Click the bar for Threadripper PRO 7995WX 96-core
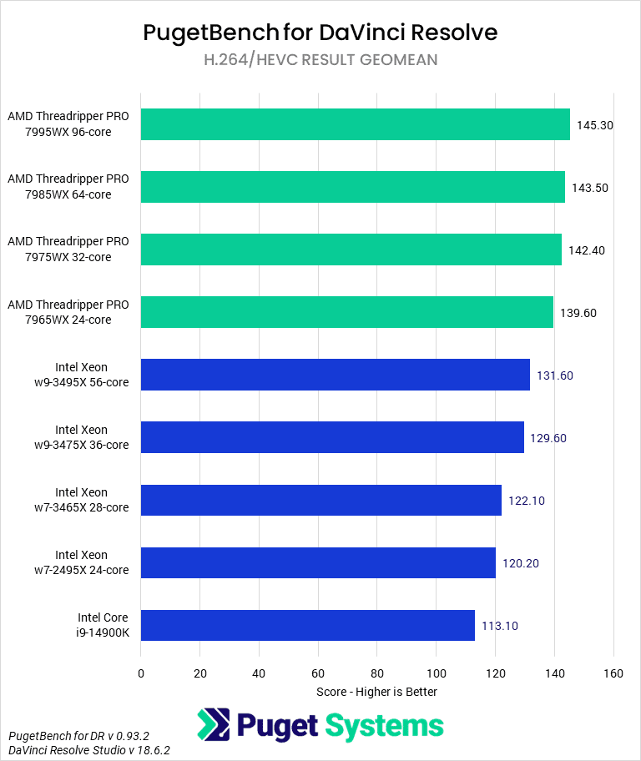click(x=355, y=124)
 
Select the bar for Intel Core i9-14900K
click(x=307, y=625)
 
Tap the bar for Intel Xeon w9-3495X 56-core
click(x=335, y=375)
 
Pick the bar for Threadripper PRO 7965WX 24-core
click(x=346, y=312)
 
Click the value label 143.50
click(x=589, y=188)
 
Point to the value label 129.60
click(x=548, y=438)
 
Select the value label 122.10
click(x=526, y=501)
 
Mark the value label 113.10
click(x=499, y=626)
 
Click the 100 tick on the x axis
click(x=436, y=673)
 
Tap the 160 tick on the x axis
click(x=613, y=673)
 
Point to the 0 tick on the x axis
click(x=141, y=673)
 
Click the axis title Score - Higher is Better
click(x=376, y=692)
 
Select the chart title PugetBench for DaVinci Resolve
click(x=320, y=33)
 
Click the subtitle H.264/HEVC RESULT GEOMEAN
click(x=320, y=60)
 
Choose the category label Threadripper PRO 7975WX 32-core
click(x=68, y=249)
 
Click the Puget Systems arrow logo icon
click(x=214, y=725)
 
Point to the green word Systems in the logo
click(x=385, y=726)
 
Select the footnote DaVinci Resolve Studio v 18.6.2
click(x=89, y=751)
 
